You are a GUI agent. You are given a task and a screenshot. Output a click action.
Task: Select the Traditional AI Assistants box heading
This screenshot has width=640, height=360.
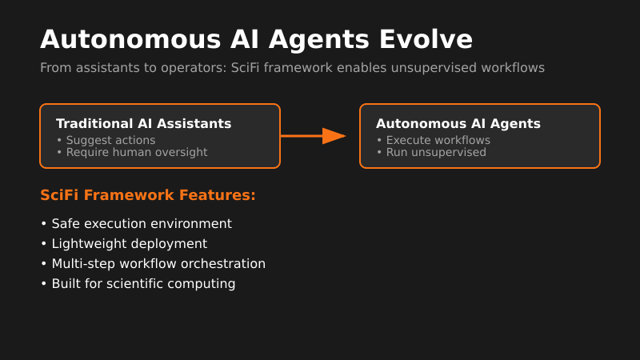(x=143, y=124)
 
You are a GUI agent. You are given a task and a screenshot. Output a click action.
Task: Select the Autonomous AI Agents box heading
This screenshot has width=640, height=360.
(x=458, y=124)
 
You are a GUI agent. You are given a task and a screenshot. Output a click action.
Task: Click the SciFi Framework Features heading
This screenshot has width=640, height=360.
(x=148, y=195)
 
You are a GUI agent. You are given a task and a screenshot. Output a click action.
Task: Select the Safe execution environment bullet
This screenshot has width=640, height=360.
(x=141, y=224)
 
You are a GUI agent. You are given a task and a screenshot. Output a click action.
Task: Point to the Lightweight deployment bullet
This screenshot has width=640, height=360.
(x=129, y=244)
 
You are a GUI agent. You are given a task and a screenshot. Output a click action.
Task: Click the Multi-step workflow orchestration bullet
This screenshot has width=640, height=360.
(x=158, y=264)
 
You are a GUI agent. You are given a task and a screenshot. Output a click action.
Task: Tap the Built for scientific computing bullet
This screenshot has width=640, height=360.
(x=143, y=284)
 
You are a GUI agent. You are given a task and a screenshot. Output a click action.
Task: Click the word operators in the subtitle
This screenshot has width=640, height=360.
(x=200, y=68)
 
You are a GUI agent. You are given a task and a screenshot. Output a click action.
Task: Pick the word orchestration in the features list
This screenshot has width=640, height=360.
(x=227, y=264)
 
